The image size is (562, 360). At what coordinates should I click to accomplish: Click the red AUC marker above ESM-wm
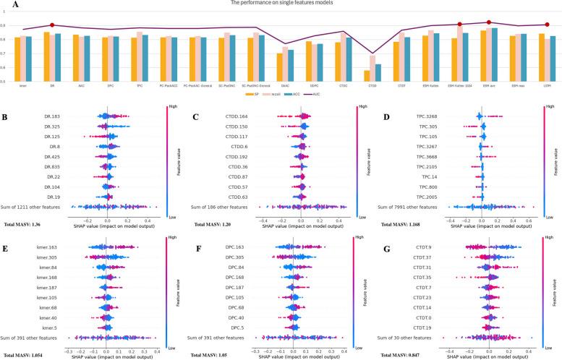489,22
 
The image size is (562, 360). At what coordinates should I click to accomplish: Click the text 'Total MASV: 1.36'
22,226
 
